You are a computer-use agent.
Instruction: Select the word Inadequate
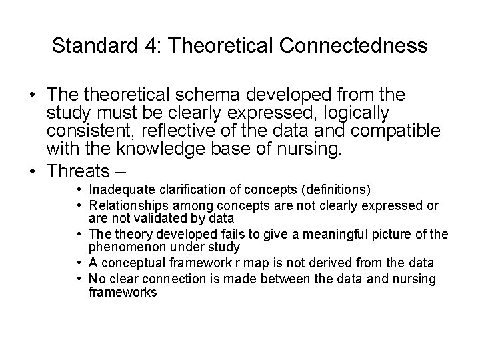(122, 191)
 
